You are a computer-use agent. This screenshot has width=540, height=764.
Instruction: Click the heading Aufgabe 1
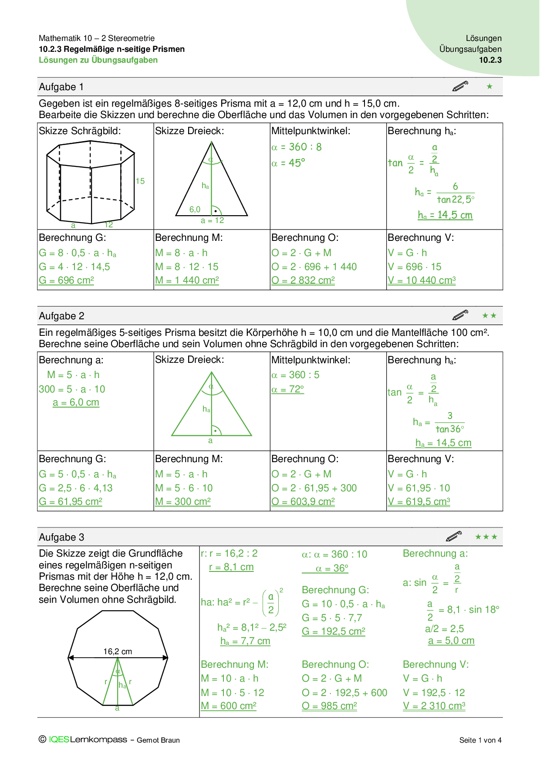pyautogui.click(x=61, y=87)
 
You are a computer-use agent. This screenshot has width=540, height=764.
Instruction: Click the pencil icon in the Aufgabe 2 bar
pyautogui.click(x=460, y=315)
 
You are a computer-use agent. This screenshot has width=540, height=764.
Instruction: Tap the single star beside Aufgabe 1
pyautogui.click(x=489, y=87)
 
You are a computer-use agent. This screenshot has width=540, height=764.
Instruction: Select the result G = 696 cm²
pyautogui.click(x=66, y=281)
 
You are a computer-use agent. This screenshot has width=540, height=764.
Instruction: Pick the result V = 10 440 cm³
pyautogui.click(x=421, y=281)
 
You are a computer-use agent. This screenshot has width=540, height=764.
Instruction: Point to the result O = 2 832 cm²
pyautogui.click(x=303, y=281)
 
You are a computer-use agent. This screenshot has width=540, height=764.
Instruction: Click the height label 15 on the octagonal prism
pyautogui.click(x=140, y=181)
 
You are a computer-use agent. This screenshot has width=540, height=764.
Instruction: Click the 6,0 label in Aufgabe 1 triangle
pyautogui.click(x=195, y=210)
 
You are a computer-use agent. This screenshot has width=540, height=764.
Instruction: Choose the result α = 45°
pyautogui.click(x=288, y=163)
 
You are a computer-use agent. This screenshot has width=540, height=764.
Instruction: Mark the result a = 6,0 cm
pyautogui.click(x=76, y=402)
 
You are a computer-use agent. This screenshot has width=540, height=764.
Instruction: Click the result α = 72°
pyautogui.click(x=287, y=389)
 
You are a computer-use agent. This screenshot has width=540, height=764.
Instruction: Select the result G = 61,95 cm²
pyautogui.click(x=71, y=502)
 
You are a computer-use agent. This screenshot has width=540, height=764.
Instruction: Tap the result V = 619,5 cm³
pyautogui.click(x=418, y=502)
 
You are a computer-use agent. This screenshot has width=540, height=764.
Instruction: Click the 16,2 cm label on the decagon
pyautogui.click(x=118, y=652)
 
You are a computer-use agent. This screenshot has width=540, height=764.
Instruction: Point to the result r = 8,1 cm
pyautogui.click(x=231, y=567)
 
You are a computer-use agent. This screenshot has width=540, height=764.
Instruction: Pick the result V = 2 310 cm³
pyautogui.click(x=434, y=706)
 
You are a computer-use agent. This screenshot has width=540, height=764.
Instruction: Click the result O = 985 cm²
pyautogui.click(x=329, y=706)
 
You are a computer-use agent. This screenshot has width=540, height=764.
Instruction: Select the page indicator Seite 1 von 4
pyautogui.click(x=480, y=740)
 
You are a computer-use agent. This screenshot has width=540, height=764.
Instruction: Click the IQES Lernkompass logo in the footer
pyautogui.click(x=88, y=740)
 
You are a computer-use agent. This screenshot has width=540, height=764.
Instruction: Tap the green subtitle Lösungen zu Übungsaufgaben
pyautogui.click(x=98, y=60)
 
